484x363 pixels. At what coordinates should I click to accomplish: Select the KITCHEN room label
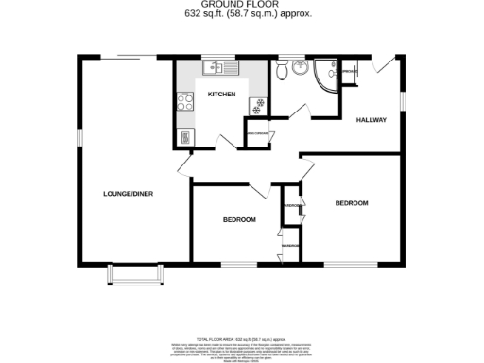(221, 95)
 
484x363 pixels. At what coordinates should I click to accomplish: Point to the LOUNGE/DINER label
(129, 194)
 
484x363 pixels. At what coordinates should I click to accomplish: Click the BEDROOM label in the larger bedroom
(351, 203)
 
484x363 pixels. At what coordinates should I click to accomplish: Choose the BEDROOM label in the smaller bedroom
(239, 220)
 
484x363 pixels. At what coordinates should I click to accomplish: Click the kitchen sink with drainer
(224, 68)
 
